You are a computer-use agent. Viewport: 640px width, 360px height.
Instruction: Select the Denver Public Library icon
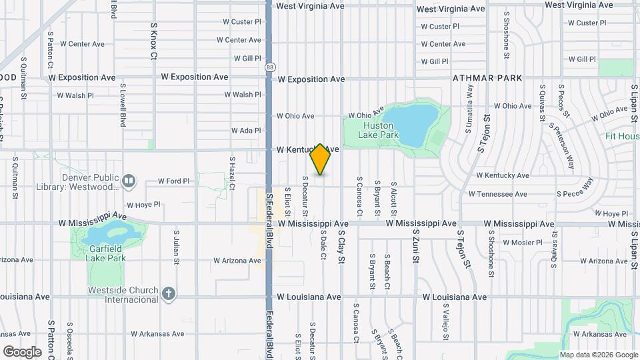tap(129, 180)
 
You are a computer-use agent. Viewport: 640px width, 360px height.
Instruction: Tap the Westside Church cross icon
tap(169, 293)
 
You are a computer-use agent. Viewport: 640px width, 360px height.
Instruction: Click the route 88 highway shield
tap(269, 67)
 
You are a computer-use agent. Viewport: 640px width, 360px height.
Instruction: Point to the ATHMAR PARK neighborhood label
tap(487, 78)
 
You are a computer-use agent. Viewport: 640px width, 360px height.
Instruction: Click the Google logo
tap(21, 351)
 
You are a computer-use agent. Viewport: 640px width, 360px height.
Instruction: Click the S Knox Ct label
tap(153, 39)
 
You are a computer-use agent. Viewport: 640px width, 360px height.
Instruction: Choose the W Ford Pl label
tap(174, 181)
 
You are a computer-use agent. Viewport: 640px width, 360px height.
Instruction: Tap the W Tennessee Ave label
tap(498, 194)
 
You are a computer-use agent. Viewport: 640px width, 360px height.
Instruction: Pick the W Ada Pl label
tap(245, 131)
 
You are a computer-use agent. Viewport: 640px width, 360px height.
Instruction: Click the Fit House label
tap(622, 136)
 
